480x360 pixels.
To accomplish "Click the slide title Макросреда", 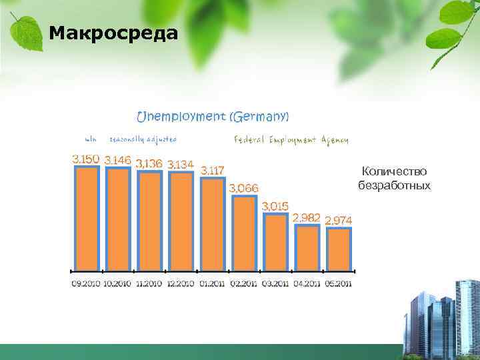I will [x=113, y=33].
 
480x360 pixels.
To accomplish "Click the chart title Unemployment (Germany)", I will [x=213, y=117].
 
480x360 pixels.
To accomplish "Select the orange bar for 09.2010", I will [x=87, y=218].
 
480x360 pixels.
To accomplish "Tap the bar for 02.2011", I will [x=243, y=233].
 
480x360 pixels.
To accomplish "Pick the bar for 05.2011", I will [x=338, y=249].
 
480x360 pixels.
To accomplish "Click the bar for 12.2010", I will [x=181, y=221].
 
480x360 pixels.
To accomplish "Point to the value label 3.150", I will [x=86, y=159].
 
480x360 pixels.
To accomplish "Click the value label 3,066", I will [x=243, y=188].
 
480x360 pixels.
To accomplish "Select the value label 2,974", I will [x=339, y=221].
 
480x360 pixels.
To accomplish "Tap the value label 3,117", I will [x=213, y=170].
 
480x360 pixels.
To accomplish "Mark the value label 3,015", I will [x=275, y=206].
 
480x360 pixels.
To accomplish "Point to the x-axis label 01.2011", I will [x=212, y=283].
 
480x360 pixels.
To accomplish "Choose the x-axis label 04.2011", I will [x=306, y=283].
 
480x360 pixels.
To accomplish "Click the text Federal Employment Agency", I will [x=291, y=140].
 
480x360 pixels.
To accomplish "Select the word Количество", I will [x=394, y=172].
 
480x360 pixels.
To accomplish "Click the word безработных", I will [x=394, y=185].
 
